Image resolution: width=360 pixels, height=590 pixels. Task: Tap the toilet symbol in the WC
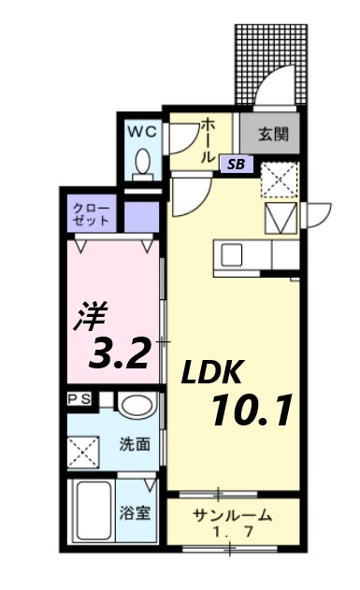[142, 162]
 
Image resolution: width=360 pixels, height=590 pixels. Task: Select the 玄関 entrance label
[272, 134]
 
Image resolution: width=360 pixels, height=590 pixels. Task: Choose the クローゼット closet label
[92, 215]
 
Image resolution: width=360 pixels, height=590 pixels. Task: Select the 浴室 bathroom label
[134, 513]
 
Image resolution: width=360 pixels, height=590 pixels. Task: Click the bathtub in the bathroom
[92, 513]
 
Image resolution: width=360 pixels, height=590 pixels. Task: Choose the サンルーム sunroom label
[233, 514]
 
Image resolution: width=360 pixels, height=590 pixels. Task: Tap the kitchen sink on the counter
[231, 253]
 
